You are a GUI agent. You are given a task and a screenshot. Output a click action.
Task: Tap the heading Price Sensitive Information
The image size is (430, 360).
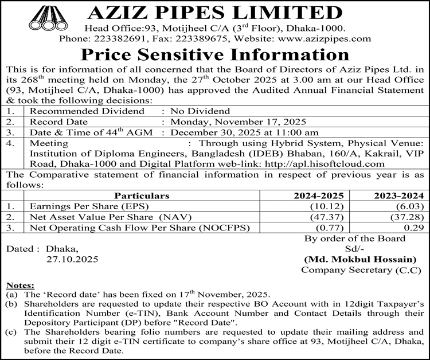pyautogui.click(x=214, y=56)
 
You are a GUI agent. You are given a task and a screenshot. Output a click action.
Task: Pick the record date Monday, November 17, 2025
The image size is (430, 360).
pyautogui.click(x=236, y=122)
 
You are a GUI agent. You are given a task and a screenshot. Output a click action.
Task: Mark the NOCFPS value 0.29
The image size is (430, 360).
pyautogui.click(x=415, y=227)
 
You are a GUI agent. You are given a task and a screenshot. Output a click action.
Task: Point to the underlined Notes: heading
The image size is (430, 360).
pyautogui.click(x=20, y=285)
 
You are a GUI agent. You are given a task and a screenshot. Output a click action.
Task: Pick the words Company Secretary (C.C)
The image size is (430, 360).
pyautogui.click(x=363, y=269)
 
